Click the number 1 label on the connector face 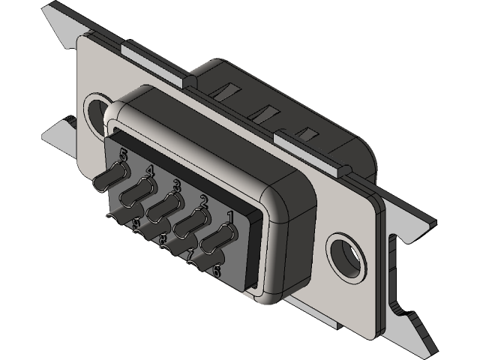click(230, 217)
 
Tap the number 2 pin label click(202, 200)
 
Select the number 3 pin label click(176, 184)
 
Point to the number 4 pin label click(150, 170)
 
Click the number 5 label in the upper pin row click(123, 155)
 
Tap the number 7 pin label click(190, 255)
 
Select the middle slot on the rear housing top click(264, 114)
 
